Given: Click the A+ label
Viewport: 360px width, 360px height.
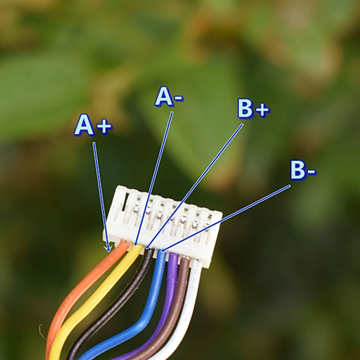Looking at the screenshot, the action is (93, 126).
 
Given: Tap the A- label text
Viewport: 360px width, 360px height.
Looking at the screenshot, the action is (168, 97).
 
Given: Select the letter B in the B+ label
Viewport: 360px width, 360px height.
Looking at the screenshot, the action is (245, 109).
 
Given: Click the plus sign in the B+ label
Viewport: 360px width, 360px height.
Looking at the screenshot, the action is (262, 110).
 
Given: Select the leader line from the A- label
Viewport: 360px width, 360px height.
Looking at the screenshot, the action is (155, 176).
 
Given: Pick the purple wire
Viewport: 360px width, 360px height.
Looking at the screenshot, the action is (168, 295).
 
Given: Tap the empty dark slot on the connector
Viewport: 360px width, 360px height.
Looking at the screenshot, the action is (125, 203).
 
